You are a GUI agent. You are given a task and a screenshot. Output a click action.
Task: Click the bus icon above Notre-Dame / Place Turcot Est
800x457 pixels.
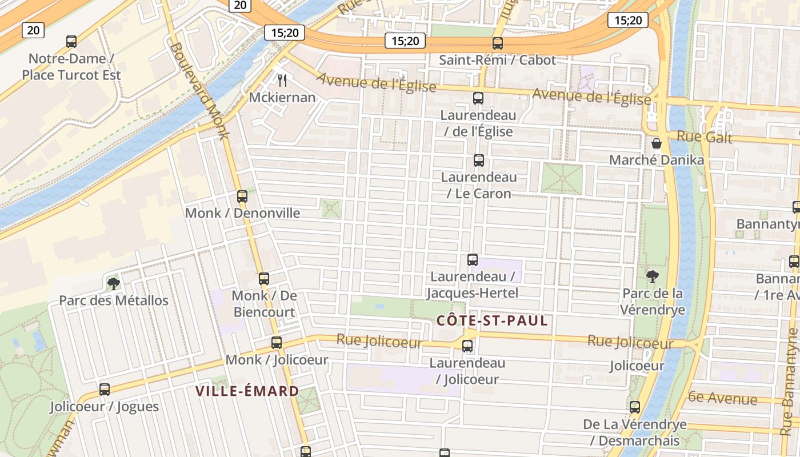tap(71, 41)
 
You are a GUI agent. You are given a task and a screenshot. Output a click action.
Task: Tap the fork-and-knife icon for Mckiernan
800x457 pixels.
tap(282, 80)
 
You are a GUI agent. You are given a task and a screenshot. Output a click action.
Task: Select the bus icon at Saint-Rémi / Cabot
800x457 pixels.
tap(498, 43)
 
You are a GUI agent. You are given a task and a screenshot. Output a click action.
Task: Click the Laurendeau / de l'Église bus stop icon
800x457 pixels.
tap(478, 98)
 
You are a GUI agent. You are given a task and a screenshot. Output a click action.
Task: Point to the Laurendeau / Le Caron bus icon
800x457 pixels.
tap(479, 160)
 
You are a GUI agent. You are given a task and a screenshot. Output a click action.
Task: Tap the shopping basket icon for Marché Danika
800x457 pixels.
tap(657, 143)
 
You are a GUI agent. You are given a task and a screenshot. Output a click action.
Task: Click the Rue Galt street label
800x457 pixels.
tap(704, 137)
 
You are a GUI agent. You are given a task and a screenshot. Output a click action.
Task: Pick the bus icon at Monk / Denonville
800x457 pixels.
tap(242, 196)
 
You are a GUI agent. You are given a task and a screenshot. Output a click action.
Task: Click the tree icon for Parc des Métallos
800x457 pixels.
tap(113, 283)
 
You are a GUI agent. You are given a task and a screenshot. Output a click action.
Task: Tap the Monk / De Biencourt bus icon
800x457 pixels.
tap(264, 278)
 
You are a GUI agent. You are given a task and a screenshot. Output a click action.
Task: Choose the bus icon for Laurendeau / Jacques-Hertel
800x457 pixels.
tap(473, 259)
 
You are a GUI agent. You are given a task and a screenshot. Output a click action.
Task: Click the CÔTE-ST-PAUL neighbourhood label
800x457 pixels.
tap(492, 320)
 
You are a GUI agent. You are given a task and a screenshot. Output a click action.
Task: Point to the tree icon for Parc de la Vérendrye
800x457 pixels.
tap(652, 276)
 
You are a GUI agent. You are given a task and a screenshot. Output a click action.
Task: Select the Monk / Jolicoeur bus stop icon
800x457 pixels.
tap(277, 342)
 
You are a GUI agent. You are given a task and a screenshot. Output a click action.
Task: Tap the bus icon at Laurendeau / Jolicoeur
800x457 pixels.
tap(467, 346)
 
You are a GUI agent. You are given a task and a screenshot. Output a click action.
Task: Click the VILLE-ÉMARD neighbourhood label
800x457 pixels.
tap(247, 391)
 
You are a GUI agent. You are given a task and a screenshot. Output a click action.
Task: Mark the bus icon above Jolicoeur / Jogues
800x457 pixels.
tap(105, 389)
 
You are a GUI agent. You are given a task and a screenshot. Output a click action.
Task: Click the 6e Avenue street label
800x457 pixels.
tap(722, 398)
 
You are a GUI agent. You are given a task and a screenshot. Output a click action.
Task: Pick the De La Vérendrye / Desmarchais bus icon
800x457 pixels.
tap(635, 407)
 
